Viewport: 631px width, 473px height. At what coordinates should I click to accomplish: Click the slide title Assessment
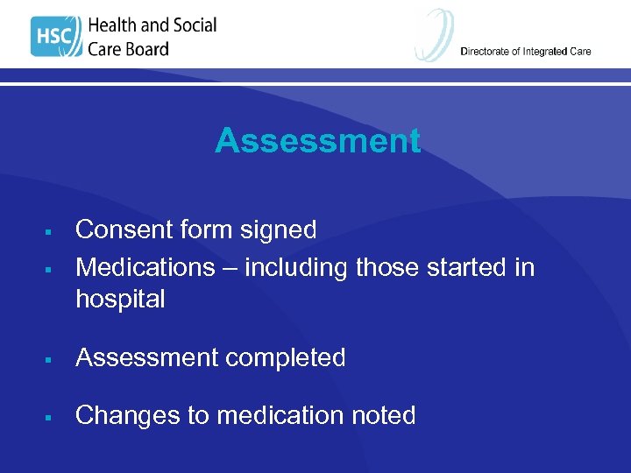pyautogui.click(x=317, y=141)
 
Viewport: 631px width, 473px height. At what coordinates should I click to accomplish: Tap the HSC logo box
pyautogui.click(x=55, y=37)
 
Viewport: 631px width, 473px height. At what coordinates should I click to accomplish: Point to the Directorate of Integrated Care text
pyautogui.click(x=526, y=52)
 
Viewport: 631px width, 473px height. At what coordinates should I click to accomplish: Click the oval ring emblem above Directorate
pyautogui.click(x=435, y=33)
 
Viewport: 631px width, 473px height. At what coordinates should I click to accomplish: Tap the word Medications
pyautogui.click(x=145, y=266)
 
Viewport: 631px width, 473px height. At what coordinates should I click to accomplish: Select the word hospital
pyautogui.click(x=120, y=300)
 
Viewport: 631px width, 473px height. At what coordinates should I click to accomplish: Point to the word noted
pyautogui.click(x=379, y=415)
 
